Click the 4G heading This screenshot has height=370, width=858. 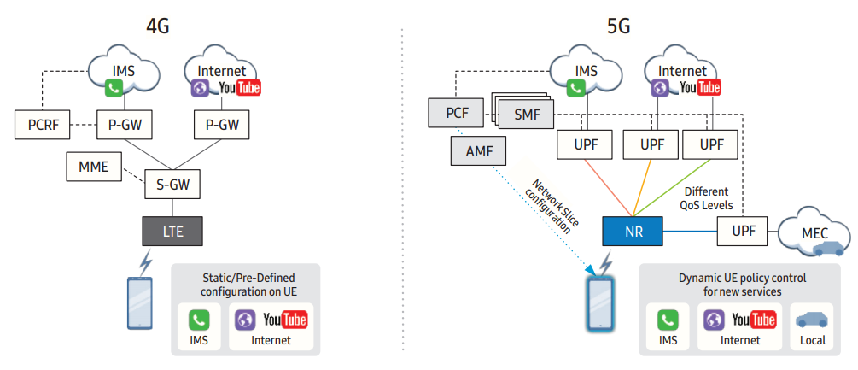click(157, 26)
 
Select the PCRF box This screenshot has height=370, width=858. click(43, 125)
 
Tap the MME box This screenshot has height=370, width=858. click(94, 167)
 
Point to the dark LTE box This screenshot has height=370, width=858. click(173, 230)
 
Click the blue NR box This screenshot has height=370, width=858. click(633, 230)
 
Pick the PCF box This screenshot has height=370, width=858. click(456, 111)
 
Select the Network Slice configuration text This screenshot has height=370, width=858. click(552, 208)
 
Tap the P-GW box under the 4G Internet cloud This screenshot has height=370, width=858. click(223, 125)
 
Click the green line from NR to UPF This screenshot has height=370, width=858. click(678, 186)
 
